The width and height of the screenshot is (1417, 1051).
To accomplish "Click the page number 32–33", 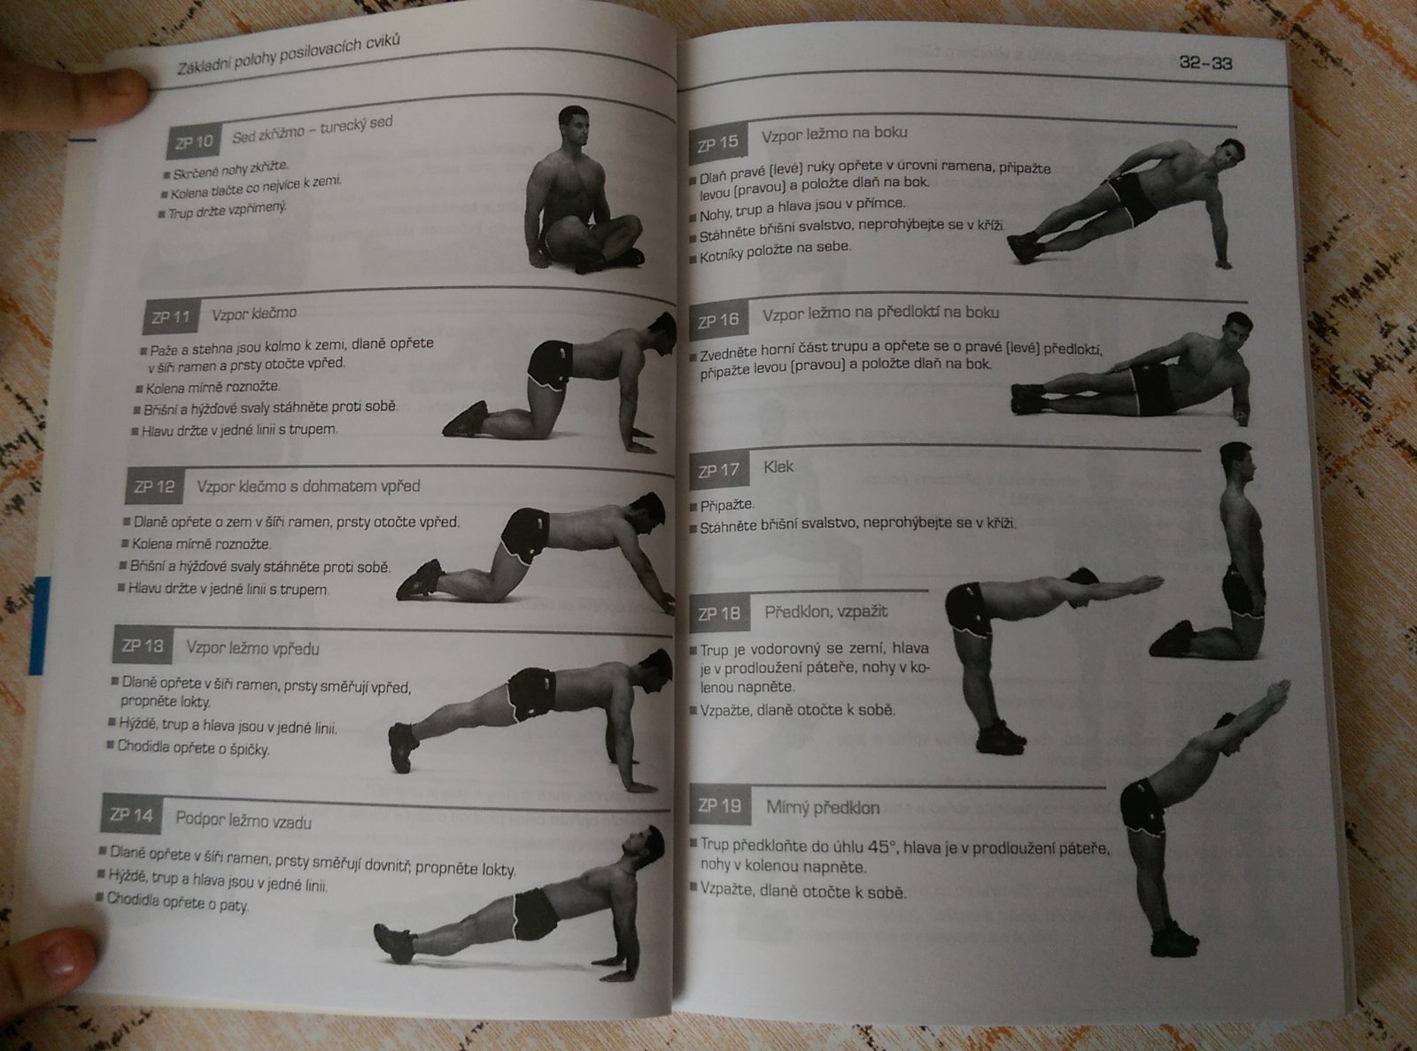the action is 1205,63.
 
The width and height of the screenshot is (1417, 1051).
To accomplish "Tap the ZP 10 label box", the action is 194,141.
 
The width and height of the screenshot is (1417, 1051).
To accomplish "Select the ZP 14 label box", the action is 132,814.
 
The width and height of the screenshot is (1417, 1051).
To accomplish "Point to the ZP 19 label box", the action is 719,807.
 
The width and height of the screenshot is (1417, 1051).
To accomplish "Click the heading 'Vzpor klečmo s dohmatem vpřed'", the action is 308,486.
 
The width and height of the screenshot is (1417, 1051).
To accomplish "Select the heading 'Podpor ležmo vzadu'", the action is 244,821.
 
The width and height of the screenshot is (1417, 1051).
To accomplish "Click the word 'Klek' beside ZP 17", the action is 778,467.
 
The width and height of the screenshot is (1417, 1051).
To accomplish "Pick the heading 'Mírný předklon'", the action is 823,808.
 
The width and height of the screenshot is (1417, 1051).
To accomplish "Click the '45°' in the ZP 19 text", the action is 882,847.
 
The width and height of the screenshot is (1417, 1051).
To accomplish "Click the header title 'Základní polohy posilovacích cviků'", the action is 289,55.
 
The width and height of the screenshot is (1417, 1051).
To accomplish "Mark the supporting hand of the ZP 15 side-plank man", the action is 1222,263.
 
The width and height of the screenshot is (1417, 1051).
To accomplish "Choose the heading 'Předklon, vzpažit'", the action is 826,612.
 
